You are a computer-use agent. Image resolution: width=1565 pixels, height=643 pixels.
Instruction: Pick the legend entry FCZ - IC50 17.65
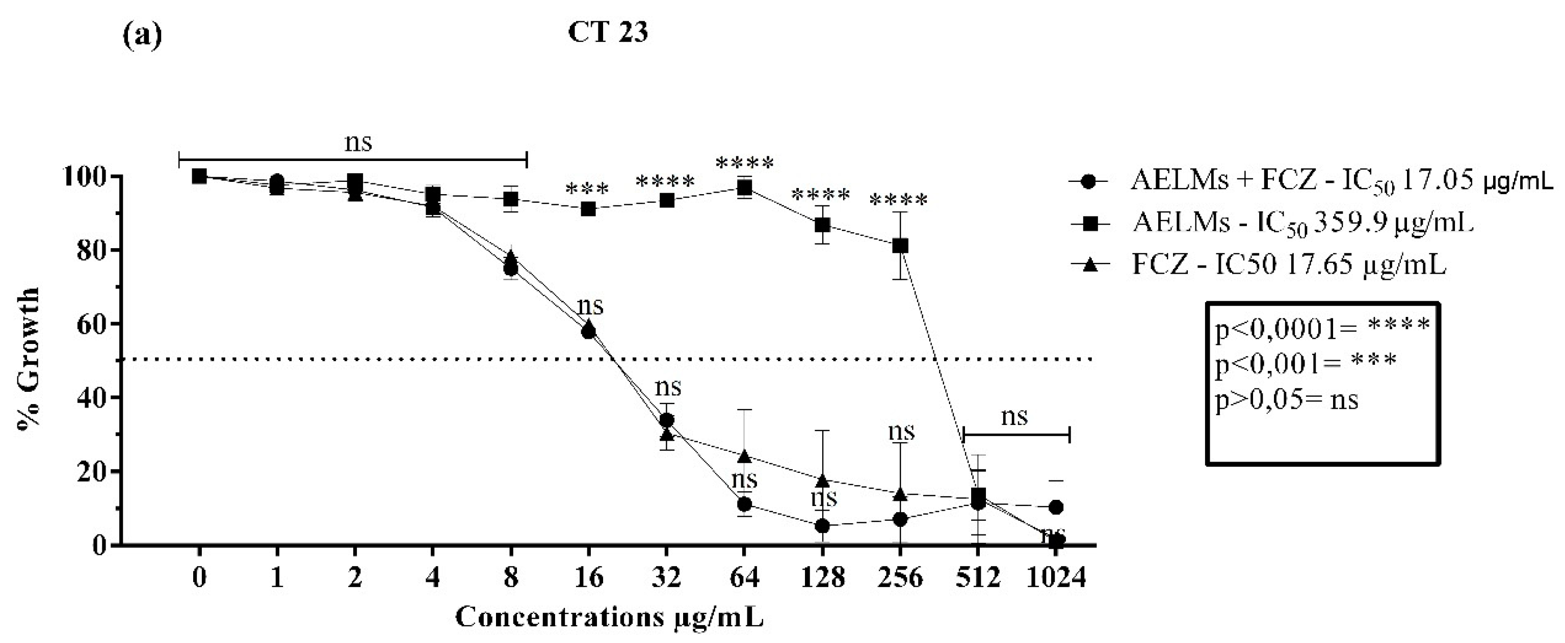point(1288,265)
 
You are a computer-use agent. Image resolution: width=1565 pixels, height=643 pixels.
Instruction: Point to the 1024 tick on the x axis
point(1056,577)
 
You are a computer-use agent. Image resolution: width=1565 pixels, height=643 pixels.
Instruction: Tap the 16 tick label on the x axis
point(588,577)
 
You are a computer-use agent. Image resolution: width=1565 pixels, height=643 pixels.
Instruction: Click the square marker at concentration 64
point(744,188)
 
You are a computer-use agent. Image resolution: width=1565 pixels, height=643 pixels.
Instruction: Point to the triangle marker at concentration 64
point(744,456)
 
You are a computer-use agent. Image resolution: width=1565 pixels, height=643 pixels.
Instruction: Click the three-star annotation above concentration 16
point(587,190)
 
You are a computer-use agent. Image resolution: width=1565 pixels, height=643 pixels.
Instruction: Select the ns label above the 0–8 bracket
point(358,143)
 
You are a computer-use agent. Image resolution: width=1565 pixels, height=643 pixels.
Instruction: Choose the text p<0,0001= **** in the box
point(1322,328)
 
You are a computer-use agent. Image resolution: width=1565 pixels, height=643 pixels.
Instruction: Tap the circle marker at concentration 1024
point(1056,507)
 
